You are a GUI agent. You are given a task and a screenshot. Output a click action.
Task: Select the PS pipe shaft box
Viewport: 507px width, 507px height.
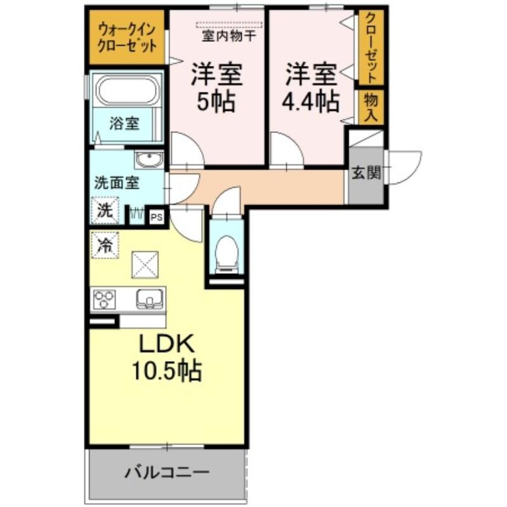coord(157,217)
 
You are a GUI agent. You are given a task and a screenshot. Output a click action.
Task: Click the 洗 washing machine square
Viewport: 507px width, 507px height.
coord(105,210)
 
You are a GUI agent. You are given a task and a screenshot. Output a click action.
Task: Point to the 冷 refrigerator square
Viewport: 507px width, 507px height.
coord(105,245)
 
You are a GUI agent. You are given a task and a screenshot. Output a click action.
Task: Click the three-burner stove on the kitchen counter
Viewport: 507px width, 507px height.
coord(104,300)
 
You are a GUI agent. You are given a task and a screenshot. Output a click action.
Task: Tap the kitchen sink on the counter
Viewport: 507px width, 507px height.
coord(149,299)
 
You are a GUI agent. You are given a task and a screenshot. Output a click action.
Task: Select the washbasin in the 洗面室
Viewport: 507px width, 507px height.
coord(149,160)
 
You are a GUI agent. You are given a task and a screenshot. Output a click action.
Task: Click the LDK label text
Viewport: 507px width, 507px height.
coord(167,344)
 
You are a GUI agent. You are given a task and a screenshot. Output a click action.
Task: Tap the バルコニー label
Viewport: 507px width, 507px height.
coord(167,473)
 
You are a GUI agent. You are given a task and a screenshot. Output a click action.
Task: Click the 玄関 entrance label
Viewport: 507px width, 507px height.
coord(366,172)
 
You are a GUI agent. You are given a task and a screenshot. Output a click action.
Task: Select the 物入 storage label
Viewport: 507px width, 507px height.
coord(371,107)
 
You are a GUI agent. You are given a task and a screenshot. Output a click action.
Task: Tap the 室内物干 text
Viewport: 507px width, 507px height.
coord(229,36)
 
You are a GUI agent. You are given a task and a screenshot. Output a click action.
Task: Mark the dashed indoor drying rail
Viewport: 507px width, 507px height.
coord(229,25)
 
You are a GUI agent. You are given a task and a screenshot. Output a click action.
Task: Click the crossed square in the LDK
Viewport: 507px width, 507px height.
coord(145,265)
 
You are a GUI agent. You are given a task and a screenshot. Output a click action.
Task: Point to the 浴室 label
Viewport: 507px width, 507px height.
coord(124,123)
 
